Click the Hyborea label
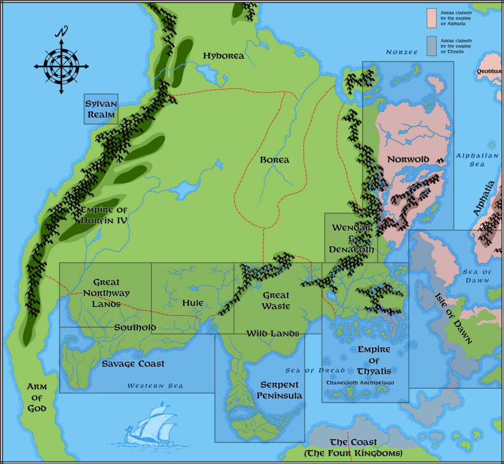click(223, 56)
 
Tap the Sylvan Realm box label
click(100, 109)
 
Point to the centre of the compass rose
click(62, 66)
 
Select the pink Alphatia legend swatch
click(432, 18)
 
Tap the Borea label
click(274, 160)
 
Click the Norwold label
click(408, 159)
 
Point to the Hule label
click(193, 303)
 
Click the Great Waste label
click(276, 301)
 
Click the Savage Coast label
click(133, 364)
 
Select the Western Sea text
click(155, 386)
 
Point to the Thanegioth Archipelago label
click(360, 382)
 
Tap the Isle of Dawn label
click(453, 318)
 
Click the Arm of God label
click(37, 398)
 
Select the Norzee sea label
click(402, 52)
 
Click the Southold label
click(135, 327)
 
